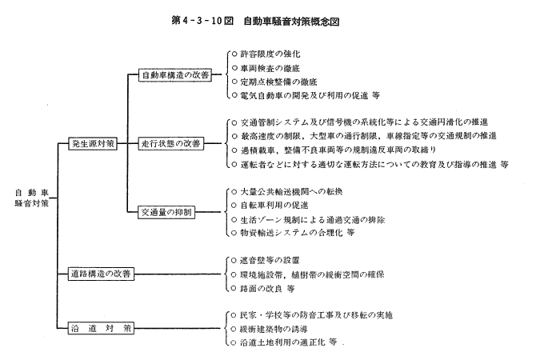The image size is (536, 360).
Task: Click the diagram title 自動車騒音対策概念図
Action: [x=291, y=21]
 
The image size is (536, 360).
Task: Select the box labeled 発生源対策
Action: [x=93, y=143]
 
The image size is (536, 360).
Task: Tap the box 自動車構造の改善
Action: [x=175, y=75]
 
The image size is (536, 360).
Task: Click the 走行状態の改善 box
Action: [x=171, y=143]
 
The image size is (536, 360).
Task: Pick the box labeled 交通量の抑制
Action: [x=166, y=212]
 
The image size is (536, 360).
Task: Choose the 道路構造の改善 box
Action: [x=101, y=274]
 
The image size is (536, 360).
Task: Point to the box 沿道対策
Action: [x=101, y=329]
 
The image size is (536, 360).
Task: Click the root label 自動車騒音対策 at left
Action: [x=32, y=198]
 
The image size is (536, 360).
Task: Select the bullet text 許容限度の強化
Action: [x=270, y=54]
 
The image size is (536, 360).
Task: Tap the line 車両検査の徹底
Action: [x=270, y=68]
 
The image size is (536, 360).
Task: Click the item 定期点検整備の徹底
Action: [x=278, y=82]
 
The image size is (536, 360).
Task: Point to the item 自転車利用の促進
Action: [x=274, y=205]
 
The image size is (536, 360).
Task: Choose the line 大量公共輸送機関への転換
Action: [x=291, y=191]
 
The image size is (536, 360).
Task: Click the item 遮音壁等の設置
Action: [x=270, y=261]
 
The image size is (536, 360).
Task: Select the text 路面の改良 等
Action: [x=267, y=289]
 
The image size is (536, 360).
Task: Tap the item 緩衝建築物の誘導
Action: [x=274, y=329]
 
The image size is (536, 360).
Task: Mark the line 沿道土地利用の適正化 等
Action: [x=288, y=342]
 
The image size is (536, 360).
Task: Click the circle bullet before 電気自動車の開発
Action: [x=234, y=95]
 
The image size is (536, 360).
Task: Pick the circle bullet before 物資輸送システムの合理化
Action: [x=234, y=233]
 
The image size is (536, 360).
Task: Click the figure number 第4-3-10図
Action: [x=202, y=21]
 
